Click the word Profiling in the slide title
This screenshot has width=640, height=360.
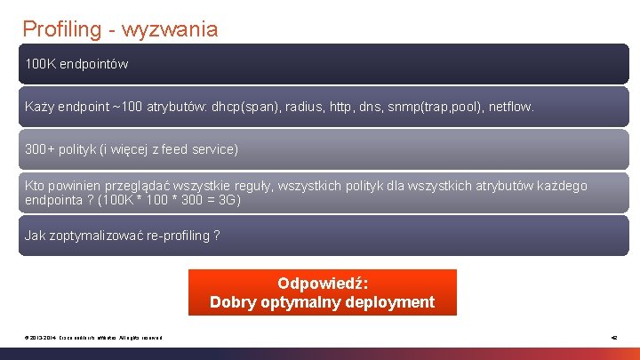[x=62, y=29]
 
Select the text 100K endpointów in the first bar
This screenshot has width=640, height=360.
[x=76, y=64]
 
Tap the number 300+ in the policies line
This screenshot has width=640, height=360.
[x=39, y=149]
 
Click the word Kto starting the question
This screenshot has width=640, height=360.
[x=35, y=186]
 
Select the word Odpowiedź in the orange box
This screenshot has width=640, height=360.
[x=323, y=284]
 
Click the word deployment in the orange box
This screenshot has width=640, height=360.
[x=388, y=302]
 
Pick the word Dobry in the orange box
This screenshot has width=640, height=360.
[x=232, y=302]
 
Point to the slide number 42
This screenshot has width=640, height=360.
[x=613, y=336]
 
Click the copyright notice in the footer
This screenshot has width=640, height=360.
[x=92, y=336]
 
